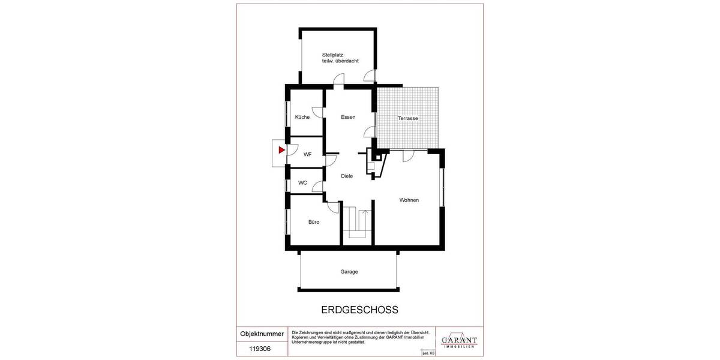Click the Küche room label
(x=302, y=117)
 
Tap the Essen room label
(x=348, y=117)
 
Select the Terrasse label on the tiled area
(x=408, y=119)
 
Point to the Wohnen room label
(x=409, y=200)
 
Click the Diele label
(x=347, y=176)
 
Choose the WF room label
(x=307, y=154)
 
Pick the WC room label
(x=302, y=183)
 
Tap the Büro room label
(x=314, y=222)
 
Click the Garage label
(x=349, y=272)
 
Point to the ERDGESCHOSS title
(x=356, y=310)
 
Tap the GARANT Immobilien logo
(x=459, y=340)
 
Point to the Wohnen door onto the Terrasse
(x=408, y=155)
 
